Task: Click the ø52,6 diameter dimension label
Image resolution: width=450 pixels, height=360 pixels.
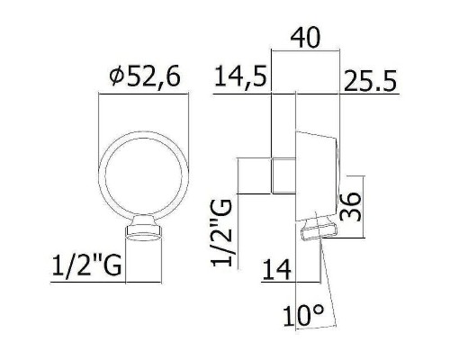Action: click(x=145, y=76)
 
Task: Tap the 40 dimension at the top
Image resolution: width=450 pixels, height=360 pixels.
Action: click(x=306, y=38)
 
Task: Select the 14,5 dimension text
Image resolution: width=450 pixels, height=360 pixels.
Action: click(x=240, y=77)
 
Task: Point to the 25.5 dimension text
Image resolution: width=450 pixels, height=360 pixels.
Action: click(x=370, y=80)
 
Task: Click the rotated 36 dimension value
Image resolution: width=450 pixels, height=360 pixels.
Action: click(x=350, y=207)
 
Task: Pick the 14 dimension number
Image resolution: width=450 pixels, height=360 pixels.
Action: click(x=276, y=269)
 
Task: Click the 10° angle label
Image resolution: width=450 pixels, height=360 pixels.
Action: click(x=303, y=315)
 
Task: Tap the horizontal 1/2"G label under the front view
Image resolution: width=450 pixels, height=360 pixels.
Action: click(x=86, y=265)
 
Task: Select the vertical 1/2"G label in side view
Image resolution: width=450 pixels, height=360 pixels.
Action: click(x=221, y=233)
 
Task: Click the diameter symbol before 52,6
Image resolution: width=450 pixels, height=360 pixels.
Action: click(x=116, y=76)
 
